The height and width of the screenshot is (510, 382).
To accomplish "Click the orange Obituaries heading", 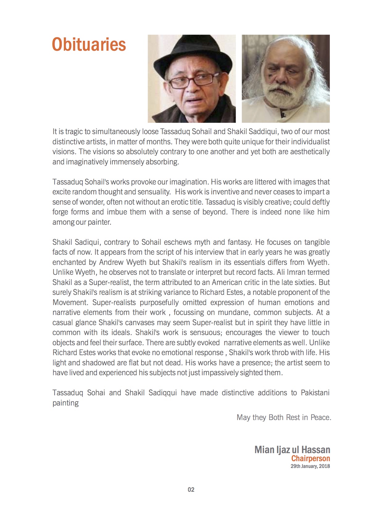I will point(89,44).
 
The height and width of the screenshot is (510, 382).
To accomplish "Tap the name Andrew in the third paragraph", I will point(110,262).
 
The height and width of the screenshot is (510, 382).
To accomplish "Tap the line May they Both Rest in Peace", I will point(283,418).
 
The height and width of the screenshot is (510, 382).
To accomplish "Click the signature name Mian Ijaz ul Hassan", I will point(292,450).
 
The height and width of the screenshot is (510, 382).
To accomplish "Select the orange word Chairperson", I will point(310,459).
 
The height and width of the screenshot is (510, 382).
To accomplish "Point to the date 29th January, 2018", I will point(310,466).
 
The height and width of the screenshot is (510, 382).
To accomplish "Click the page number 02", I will point(191,490).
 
